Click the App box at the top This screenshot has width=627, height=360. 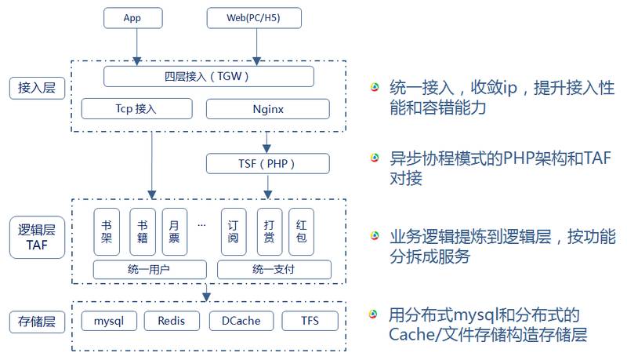132,16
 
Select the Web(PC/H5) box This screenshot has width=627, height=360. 254,16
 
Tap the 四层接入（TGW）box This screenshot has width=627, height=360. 208,76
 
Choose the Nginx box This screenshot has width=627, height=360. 267,109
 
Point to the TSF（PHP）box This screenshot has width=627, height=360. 267,164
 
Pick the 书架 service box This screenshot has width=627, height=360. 107,231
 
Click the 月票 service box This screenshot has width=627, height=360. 175,231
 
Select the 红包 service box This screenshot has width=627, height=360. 302,231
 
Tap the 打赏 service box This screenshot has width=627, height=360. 269,231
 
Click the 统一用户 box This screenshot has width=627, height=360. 150,270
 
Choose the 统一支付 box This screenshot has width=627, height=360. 274,270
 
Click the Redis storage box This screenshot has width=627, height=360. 172,321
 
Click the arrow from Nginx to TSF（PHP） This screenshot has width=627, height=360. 267,142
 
